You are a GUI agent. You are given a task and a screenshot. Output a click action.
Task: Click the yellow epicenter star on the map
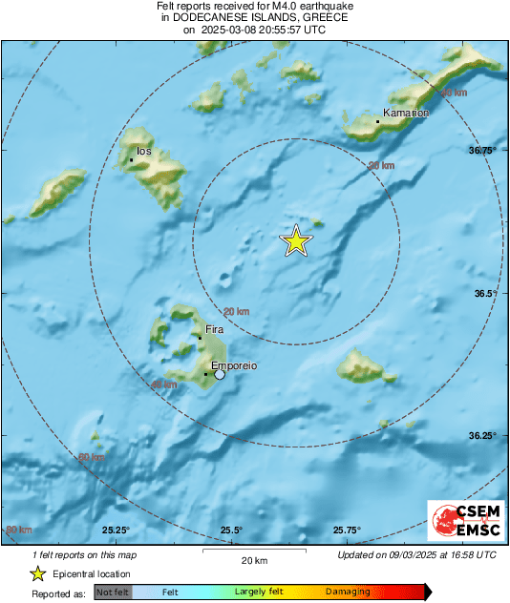tap(297, 242)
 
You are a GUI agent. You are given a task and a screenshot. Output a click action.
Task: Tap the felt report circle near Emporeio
tap(220, 375)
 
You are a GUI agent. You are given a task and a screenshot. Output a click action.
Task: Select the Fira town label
tap(215, 329)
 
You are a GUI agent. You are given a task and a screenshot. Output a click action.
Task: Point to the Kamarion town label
tap(406, 114)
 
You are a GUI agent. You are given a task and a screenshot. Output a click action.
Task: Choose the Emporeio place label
tap(234, 365)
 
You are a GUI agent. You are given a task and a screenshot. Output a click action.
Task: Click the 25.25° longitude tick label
tap(116, 530)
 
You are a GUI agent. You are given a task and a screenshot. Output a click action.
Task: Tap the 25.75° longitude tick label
tap(347, 530)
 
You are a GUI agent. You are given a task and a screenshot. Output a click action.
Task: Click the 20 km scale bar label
tap(254, 559)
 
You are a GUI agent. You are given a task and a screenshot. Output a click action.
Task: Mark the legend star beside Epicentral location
tap(37, 573)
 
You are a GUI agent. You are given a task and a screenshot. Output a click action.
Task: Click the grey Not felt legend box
tap(113, 593)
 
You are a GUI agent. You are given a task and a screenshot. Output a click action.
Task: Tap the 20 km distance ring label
tap(236, 312)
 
